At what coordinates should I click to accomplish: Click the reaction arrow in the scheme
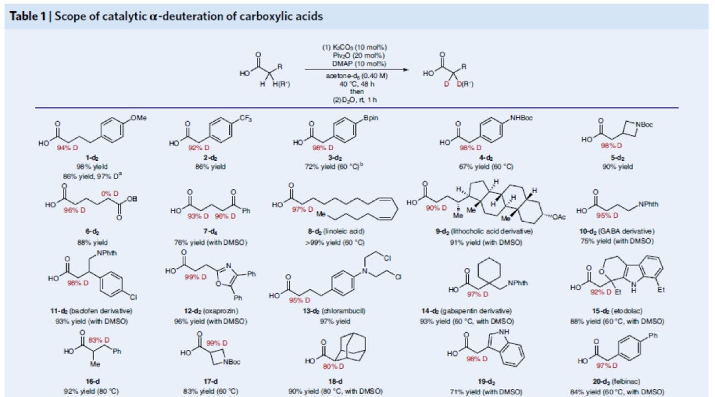[x=358, y=68]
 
